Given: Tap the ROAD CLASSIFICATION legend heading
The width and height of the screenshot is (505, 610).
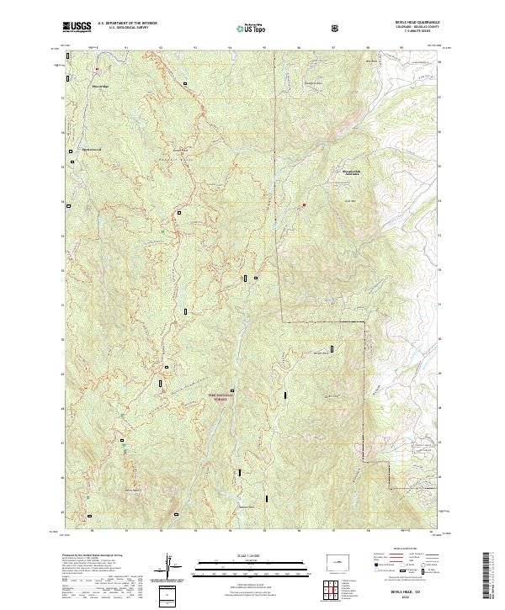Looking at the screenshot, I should (406, 554).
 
